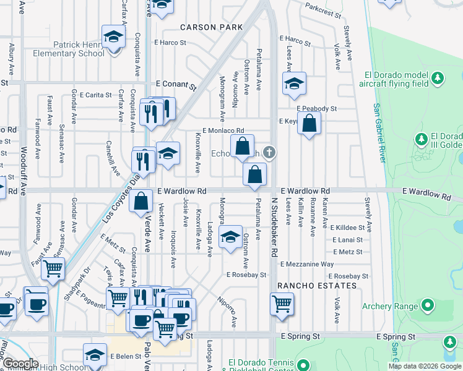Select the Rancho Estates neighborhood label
click(x=317, y=286)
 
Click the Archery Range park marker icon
click(x=427, y=305)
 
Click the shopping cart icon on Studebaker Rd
click(x=282, y=304)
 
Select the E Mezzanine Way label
click(x=307, y=264)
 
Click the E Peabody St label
click(x=316, y=108)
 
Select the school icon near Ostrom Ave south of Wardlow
click(x=230, y=237)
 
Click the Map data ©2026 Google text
click(x=425, y=366)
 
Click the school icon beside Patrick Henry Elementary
click(x=113, y=37)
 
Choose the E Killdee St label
click(x=350, y=228)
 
